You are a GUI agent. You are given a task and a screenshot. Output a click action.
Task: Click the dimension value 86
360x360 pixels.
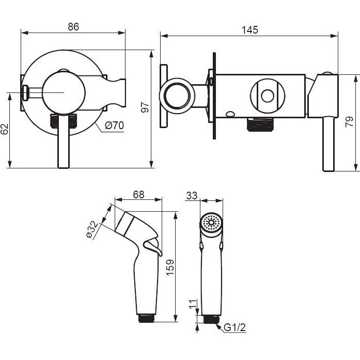click(73, 27)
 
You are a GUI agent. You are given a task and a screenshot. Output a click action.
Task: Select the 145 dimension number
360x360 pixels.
click(250, 30)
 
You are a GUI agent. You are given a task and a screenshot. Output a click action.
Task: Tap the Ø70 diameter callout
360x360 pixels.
click(114, 126)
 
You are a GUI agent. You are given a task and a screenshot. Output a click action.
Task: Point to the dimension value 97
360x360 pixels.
click(145, 107)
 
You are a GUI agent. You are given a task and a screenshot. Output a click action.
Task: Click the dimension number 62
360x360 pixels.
click(4, 129)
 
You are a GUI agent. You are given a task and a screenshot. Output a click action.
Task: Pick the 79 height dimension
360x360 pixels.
click(349, 122)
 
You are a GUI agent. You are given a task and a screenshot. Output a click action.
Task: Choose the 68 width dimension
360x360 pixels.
click(138, 195)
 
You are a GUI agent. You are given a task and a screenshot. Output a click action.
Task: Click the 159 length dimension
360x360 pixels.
click(170, 268)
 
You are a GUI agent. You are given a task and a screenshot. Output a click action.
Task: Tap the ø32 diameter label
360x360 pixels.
click(92, 230)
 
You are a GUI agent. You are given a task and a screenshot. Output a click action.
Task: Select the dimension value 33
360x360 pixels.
click(192, 196)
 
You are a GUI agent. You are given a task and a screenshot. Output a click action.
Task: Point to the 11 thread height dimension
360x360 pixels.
click(193, 304)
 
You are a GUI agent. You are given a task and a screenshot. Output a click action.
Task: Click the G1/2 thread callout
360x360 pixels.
click(234, 327)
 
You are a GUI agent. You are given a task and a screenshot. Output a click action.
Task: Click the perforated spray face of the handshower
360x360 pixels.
click(211, 223)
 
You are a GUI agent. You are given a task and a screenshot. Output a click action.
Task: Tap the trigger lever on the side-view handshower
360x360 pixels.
click(153, 247)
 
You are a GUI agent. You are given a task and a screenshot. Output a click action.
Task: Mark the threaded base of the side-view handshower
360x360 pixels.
click(147, 319)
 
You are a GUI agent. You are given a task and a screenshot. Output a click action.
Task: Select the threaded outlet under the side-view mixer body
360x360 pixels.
click(261, 124)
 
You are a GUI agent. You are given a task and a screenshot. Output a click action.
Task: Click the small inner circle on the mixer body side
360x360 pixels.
click(268, 96)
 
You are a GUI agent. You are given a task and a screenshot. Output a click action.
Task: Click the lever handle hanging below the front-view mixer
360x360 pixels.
click(64, 140)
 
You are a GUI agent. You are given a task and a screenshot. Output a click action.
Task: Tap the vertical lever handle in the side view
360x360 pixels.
click(328, 144)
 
